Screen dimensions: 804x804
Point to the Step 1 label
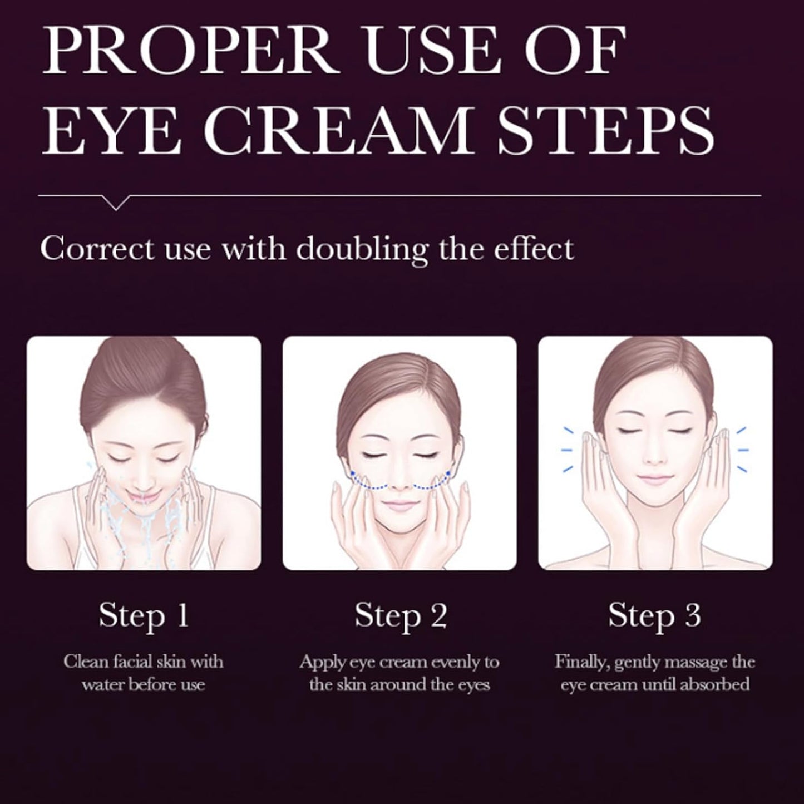pyautogui.click(x=144, y=616)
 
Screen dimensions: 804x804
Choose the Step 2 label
pyautogui.click(x=400, y=616)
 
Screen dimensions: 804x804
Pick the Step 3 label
pyautogui.click(x=654, y=616)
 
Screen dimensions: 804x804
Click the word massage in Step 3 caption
pyautogui.click(x=695, y=663)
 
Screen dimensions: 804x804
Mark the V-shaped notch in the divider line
pyautogui.click(x=116, y=203)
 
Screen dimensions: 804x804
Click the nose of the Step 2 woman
pyautogui.click(x=399, y=484)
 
